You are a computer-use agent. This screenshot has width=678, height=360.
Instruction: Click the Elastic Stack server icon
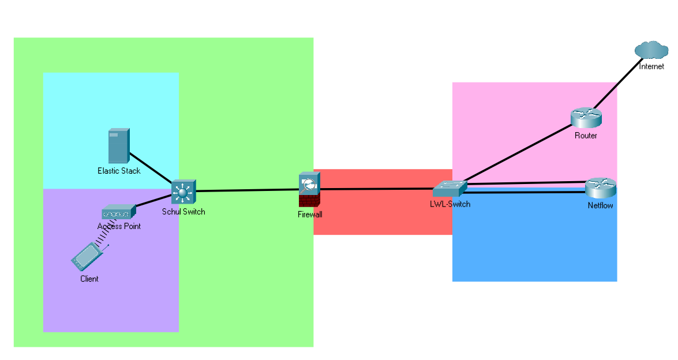[x=119, y=147]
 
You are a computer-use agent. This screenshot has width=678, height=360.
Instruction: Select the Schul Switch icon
[x=184, y=191]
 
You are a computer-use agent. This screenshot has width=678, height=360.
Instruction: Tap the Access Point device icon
[x=118, y=212]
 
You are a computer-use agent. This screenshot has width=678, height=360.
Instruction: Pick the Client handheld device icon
[x=85, y=257]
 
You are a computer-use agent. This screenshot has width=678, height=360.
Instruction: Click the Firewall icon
[x=309, y=190]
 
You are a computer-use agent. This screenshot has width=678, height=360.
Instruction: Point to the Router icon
[x=586, y=118]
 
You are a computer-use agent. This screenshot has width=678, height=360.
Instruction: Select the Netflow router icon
[x=600, y=188]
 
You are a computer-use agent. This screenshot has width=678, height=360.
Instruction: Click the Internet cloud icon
[x=651, y=51]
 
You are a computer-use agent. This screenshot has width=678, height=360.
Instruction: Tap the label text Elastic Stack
[x=119, y=171]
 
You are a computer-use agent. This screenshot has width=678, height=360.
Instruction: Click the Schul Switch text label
[x=183, y=212]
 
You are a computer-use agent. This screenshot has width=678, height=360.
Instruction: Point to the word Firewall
[x=310, y=215]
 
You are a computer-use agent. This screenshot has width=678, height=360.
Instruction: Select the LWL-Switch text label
[x=450, y=204]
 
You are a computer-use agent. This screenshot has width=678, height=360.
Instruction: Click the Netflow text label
[x=600, y=205]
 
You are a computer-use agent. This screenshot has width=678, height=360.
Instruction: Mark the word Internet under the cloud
[x=651, y=66]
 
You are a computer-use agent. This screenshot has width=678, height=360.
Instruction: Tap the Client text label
[x=89, y=279]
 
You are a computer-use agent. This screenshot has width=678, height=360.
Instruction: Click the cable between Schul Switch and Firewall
[x=248, y=190]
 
